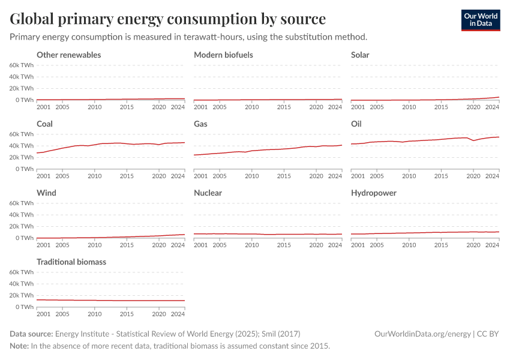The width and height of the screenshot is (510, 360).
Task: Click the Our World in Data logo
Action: coord(480,20)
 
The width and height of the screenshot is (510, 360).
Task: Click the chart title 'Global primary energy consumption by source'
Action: coord(168,19)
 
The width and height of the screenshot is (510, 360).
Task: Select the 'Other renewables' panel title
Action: coord(68,55)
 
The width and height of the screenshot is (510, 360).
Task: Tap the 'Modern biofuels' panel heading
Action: coord(223,55)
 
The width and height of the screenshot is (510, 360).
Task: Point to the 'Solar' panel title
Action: coord(360,55)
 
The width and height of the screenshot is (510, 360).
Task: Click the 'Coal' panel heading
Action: coord(45,124)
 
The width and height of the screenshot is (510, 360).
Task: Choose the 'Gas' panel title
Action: coord(200,124)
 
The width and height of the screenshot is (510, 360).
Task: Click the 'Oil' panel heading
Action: coord(356,124)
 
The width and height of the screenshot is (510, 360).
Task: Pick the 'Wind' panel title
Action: coord(46,193)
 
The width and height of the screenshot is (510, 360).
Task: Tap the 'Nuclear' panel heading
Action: coord(208,193)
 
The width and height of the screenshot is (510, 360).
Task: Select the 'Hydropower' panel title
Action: coord(373,193)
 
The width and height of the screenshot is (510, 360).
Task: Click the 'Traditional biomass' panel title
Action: coord(72,262)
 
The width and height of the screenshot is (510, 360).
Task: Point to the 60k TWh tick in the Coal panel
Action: coord(22,134)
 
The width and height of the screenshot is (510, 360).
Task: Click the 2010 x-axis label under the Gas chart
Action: coord(252,176)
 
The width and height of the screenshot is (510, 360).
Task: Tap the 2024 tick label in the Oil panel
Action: coord(492,176)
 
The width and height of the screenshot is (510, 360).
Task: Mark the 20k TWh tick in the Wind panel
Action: coord(22,226)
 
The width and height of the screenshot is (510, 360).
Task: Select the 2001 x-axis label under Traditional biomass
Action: coord(44,314)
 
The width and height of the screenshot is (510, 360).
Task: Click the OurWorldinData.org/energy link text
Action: coord(422,334)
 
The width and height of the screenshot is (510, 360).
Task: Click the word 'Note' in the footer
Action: coord(19,346)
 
